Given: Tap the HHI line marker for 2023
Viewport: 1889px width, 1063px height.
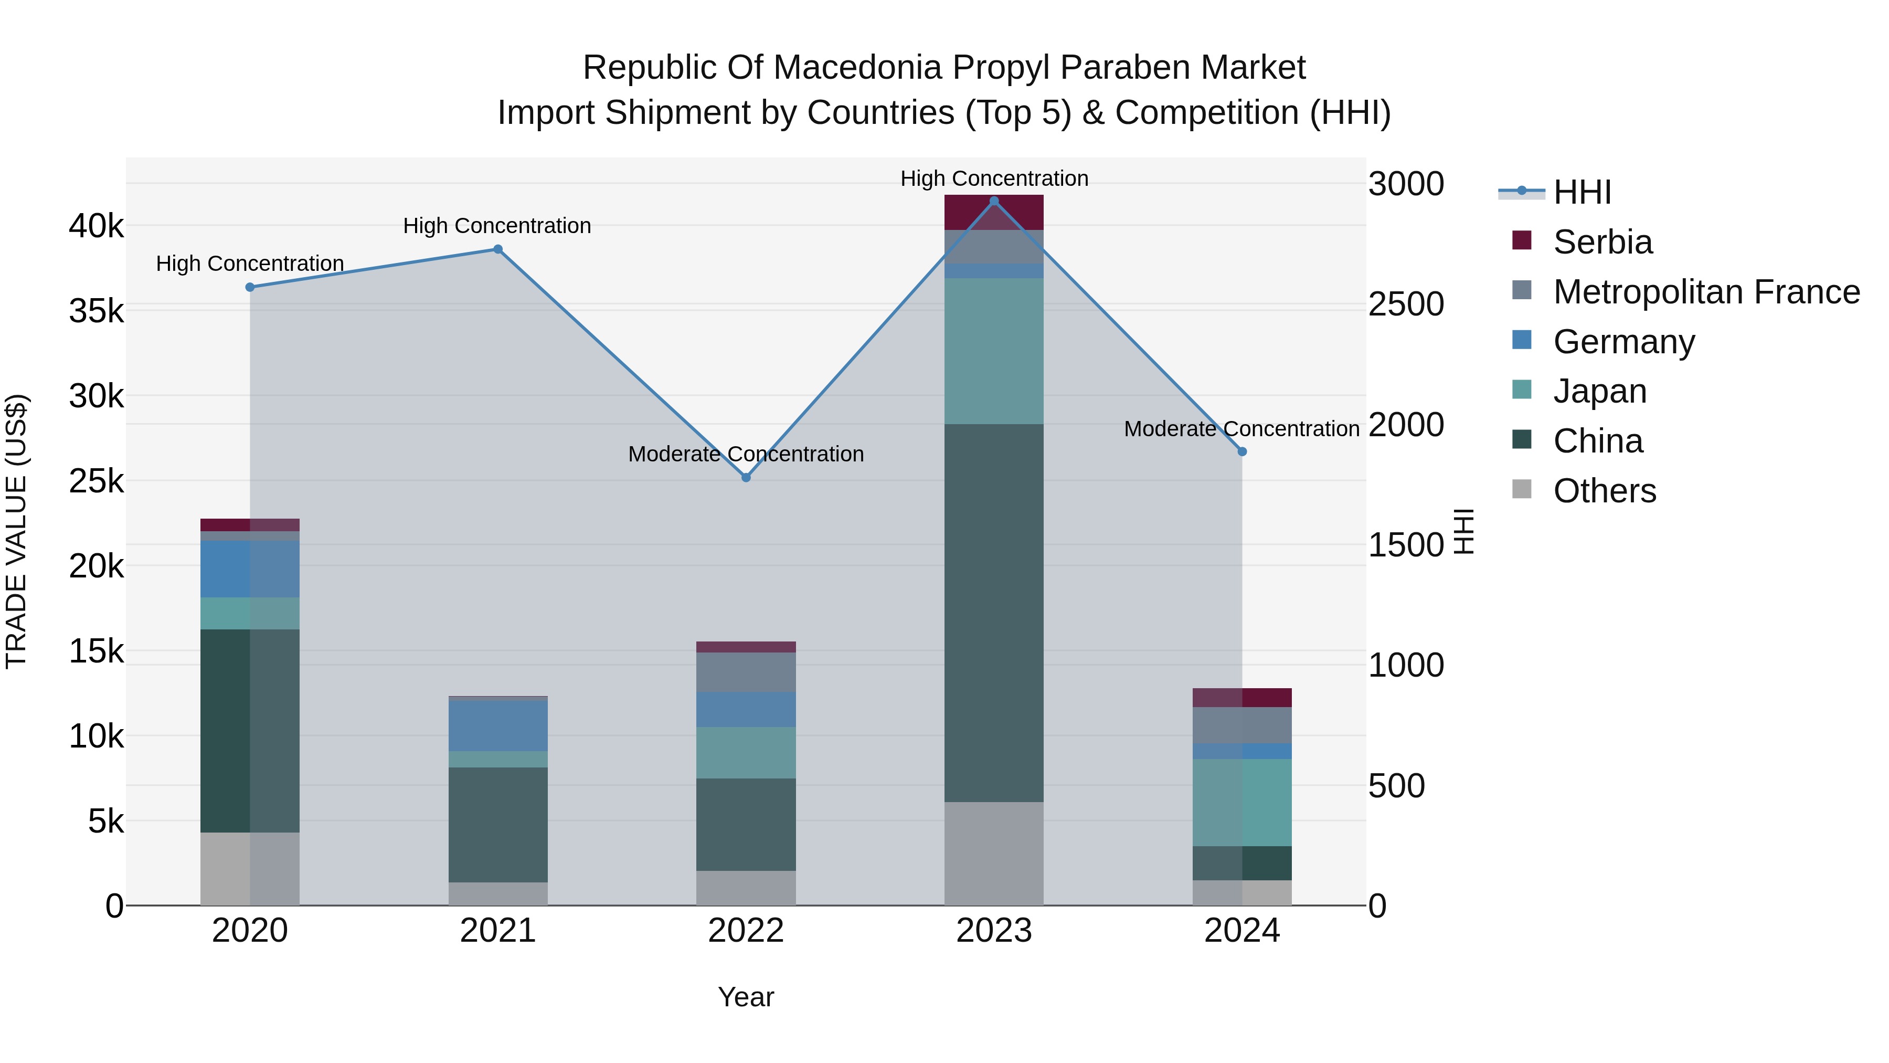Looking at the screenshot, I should point(994,201).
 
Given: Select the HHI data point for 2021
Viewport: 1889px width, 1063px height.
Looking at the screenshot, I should point(498,249).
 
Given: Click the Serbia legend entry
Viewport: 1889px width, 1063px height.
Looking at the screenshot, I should point(1603,242).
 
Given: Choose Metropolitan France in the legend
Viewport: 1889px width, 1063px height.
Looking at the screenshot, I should point(1706,292).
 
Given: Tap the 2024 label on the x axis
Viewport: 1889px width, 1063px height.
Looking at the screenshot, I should point(1241,931).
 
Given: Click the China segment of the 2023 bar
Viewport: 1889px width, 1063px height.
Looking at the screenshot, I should point(994,613).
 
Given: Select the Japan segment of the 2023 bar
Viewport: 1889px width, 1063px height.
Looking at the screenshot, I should point(994,351).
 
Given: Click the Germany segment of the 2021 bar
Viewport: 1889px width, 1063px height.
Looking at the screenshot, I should point(498,725).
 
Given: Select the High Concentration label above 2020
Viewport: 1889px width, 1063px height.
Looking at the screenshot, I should point(250,264).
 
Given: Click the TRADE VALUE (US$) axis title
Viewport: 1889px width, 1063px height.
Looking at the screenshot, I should point(16,531).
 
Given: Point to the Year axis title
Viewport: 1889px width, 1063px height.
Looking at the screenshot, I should point(746,997).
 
